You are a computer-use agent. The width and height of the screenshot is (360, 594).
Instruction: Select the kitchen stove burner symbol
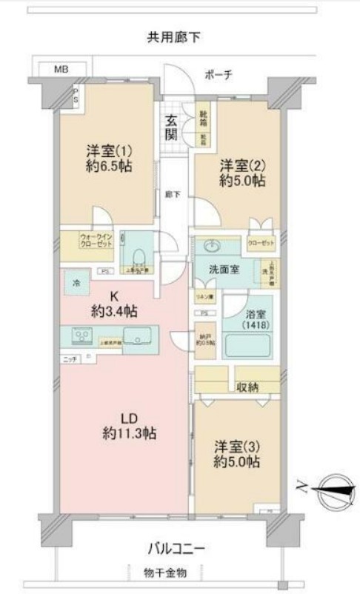[x=80, y=336]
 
